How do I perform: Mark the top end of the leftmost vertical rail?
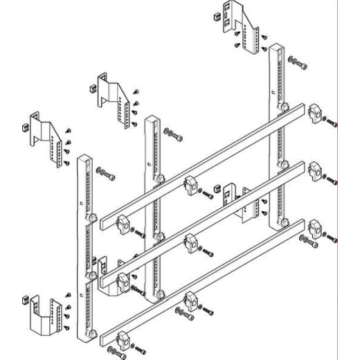point(83,158)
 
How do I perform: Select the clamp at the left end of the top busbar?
point(124,222)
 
